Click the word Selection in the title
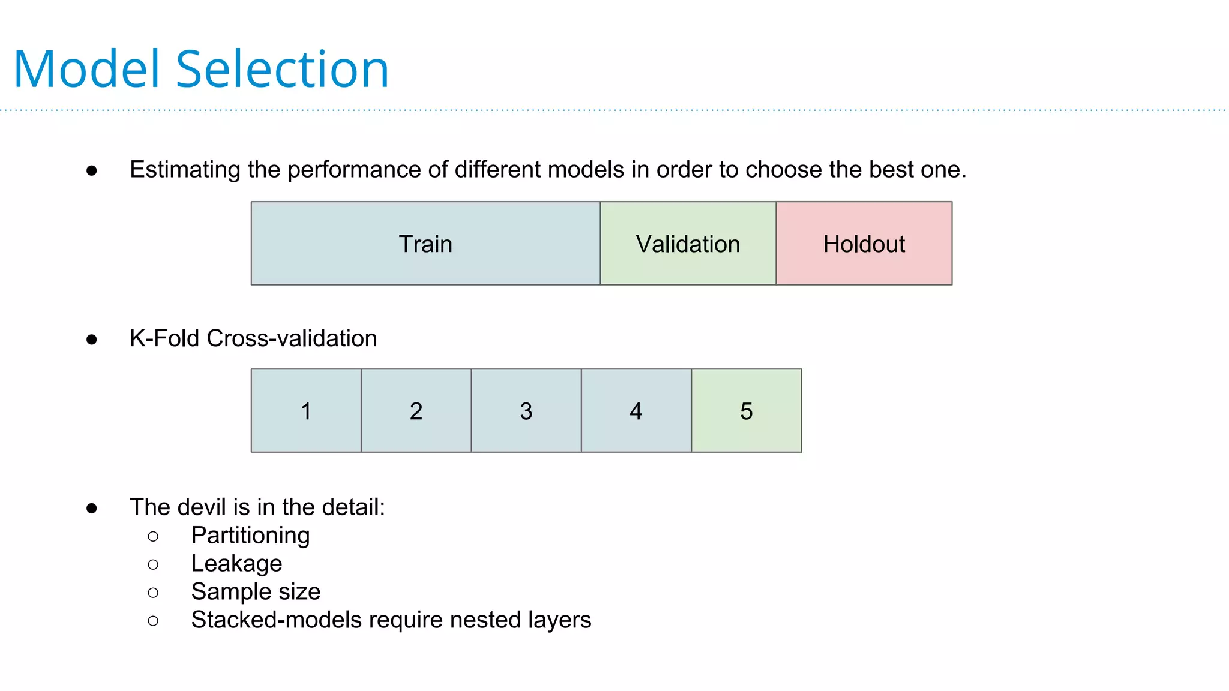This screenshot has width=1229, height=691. coord(283,70)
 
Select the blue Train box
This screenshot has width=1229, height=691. coord(425,244)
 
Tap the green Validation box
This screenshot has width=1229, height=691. coord(688,244)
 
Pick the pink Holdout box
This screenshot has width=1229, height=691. coord(864,244)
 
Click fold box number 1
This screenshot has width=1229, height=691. coord(306,411)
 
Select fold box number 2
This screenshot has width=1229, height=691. coord(416,411)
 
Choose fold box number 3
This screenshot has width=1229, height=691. coord(526,411)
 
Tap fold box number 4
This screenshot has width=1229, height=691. coord(636,411)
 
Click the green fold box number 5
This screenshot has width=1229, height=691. coord(746,411)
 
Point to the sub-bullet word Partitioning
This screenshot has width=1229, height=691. coord(250,536)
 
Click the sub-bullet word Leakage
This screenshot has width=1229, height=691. coord(236,564)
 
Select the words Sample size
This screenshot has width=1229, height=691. coord(256,592)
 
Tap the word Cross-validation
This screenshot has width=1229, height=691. coord(292,338)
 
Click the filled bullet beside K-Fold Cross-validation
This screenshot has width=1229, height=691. coord(92,340)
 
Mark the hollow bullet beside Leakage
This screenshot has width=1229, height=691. coord(153,564)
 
